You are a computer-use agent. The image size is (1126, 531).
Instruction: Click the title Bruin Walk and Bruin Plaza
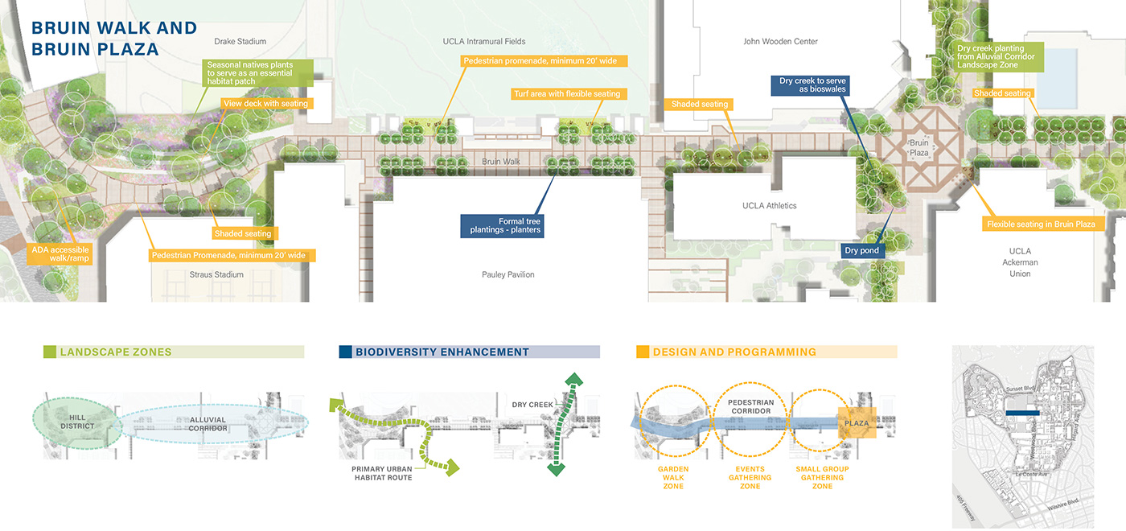113,38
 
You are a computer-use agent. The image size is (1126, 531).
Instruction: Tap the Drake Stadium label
240,41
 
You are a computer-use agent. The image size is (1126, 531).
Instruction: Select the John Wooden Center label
780,41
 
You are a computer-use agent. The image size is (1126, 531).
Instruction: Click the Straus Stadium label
216,274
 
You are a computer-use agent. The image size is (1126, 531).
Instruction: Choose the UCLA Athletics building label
769,206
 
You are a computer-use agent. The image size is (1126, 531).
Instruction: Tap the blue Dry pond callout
862,251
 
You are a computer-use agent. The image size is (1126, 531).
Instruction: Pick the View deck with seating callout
265,104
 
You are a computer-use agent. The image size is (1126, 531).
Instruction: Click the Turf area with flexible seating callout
567,94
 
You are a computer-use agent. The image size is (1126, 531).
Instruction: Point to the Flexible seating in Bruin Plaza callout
1041,224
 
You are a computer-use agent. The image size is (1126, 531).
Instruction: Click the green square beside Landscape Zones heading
49,352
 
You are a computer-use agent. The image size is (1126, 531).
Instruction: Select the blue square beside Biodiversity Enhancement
345,352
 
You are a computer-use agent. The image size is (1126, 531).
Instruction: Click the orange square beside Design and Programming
643,352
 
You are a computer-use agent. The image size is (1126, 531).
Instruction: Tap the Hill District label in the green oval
77,422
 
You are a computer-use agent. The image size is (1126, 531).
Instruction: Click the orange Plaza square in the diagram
856,422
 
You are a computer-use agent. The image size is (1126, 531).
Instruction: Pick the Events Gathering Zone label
750,478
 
